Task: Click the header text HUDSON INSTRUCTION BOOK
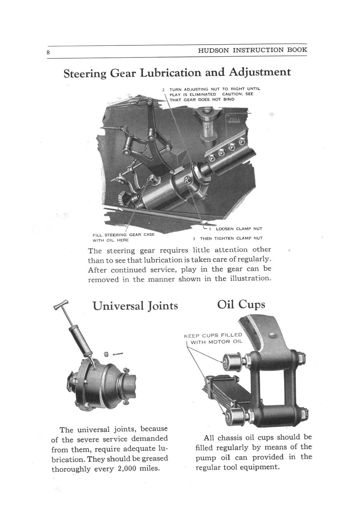click(x=252, y=50)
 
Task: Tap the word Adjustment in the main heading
click(x=259, y=73)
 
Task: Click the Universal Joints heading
click(x=135, y=306)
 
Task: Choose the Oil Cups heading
click(x=241, y=304)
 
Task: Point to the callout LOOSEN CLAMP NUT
click(x=239, y=229)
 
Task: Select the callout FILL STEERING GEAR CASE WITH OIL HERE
click(x=123, y=237)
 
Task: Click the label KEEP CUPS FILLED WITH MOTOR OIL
click(x=213, y=338)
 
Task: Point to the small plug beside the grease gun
click(x=106, y=354)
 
